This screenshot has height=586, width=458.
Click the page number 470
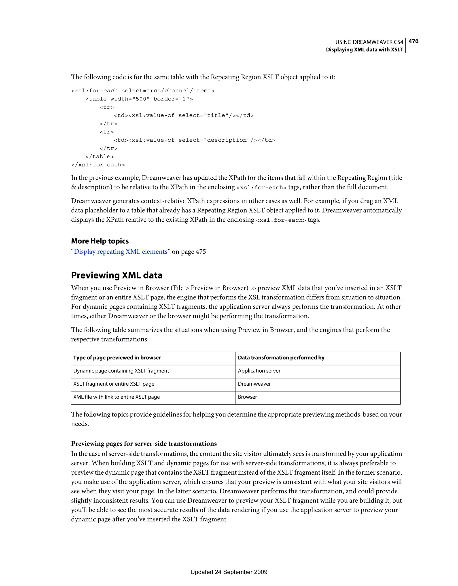click(413, 41)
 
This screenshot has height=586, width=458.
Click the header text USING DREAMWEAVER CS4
click(369, 42)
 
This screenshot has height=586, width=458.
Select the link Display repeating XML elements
click(121, 252)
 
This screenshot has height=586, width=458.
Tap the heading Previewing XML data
click(117, 275)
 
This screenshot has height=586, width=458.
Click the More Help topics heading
click(100, 241)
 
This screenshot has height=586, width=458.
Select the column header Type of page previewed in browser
click(117, 358)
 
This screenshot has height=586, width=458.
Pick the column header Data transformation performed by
click(281, 358)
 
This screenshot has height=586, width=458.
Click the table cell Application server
click(259, 371)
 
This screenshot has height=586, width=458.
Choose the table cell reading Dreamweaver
click(254, 384)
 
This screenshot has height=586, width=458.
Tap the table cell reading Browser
click(247, 397)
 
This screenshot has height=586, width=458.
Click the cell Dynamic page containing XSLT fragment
click(121, 371)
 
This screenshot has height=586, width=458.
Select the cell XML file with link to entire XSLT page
click(117, 397)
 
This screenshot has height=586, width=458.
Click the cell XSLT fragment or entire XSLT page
click(114, 384)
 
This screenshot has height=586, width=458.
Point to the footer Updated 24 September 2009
click(229, 572)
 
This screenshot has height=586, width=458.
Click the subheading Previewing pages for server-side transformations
click(144, 444)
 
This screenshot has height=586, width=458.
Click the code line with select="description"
click(195, 140)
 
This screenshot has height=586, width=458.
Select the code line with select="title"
click(184, 115)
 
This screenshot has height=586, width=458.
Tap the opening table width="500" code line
click(139, 99)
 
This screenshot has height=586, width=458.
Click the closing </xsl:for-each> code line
click(98, 165)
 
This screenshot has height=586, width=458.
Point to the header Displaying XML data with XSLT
click(364, 50)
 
